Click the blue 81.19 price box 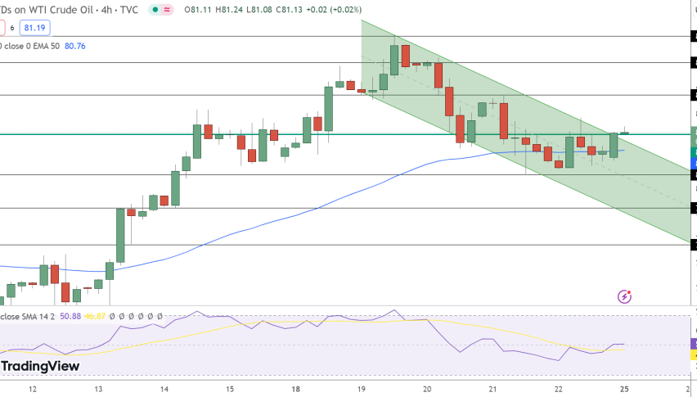36,28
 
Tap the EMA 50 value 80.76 74,46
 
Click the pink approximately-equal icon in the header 168,9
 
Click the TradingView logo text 41,366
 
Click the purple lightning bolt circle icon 625,296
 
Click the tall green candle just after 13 120,235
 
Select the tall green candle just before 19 329,108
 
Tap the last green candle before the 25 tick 614,145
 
